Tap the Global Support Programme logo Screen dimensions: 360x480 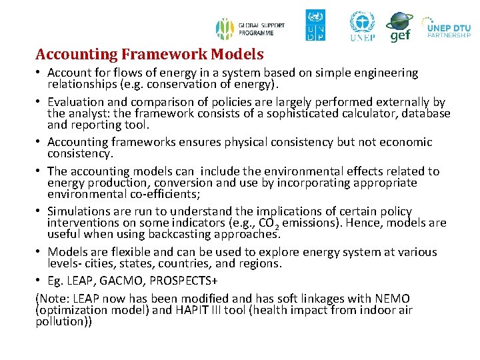coord(250,29)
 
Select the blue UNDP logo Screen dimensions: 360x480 coord(315,25)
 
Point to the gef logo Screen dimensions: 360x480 coord(399,27)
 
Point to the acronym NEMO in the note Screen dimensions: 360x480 coord(391,299)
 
